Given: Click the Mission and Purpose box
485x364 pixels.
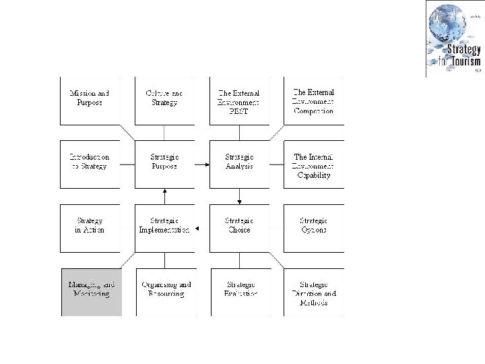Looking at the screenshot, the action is point(90,101).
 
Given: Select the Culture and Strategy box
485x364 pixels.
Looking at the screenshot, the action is point(165,101).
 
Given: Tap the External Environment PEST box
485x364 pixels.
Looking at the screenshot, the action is point(239,101).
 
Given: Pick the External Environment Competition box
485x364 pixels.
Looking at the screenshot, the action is point(314,101).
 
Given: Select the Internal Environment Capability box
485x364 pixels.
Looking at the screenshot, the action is point(314,164).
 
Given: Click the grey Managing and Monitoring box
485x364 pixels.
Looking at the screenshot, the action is point(91,292).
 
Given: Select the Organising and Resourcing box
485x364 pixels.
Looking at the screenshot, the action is point(165,292).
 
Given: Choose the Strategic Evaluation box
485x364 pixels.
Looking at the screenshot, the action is point(239,292).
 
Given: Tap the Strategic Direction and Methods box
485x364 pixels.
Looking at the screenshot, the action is point(314,292).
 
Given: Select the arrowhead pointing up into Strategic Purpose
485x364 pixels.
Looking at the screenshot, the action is point(165,191).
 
